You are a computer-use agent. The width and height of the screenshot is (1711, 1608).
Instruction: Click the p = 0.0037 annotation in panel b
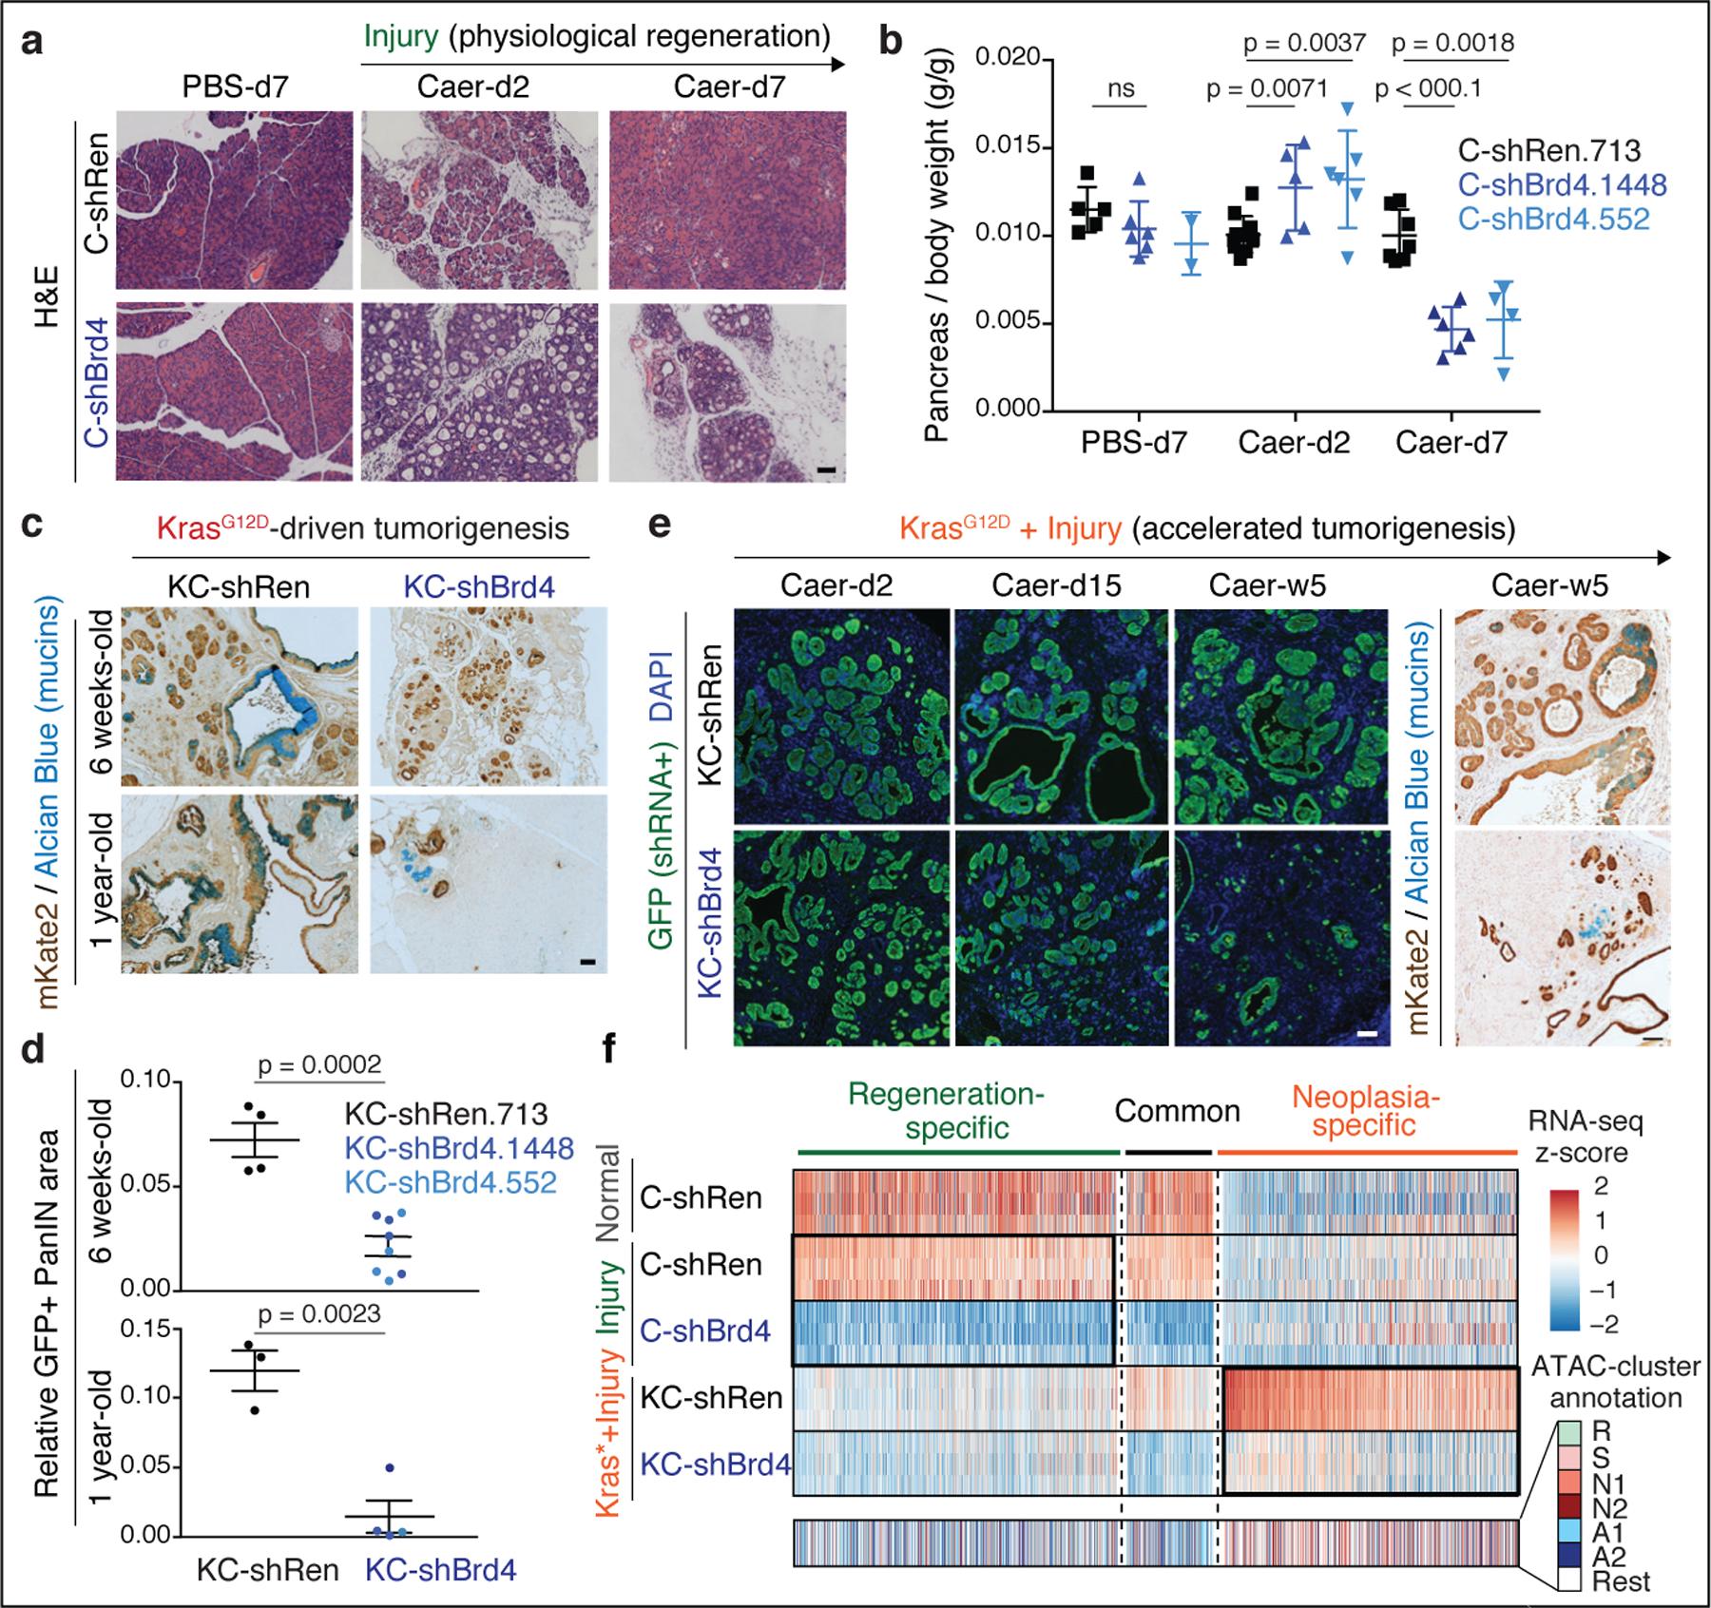tap(1305, 43)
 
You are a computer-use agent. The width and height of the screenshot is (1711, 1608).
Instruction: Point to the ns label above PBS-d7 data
tap(1121, 89)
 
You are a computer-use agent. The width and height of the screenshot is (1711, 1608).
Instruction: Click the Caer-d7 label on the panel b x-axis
tap(1451, 443)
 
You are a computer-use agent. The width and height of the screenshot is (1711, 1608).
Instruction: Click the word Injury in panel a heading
tap(400, 37)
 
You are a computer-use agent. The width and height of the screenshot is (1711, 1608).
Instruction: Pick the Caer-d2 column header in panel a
tap(472, 87)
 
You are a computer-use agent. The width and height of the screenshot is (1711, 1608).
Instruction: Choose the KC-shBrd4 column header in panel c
tap(474, 586)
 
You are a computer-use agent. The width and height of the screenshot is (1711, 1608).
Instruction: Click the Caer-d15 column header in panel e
tap(1055, 585)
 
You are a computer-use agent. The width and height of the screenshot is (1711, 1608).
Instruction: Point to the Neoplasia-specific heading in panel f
tap(1366, 1111)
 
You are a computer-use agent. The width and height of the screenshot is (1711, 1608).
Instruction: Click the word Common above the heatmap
tap(1177, 1111)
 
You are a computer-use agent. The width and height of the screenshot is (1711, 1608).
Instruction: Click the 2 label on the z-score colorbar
tap(1601, 1186)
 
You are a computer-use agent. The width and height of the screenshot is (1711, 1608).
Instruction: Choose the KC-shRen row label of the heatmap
tap(711, 1397)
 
